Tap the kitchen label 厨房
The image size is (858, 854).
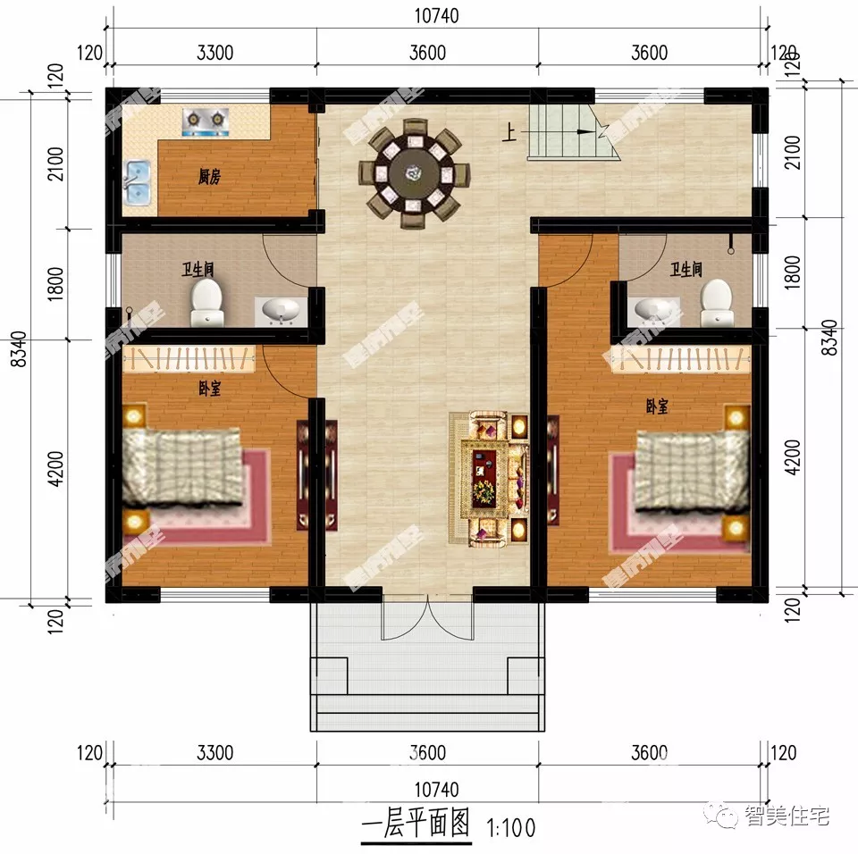point(209,177)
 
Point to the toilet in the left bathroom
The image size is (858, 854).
point(207,301)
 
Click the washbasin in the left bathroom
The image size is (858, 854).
point(280,311)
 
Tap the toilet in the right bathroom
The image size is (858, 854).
point(716,302)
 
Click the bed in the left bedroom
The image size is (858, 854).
point(183,465)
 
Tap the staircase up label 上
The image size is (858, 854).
point(509,133)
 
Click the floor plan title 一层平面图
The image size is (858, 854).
point(416,826)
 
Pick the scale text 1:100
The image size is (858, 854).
point(510,828)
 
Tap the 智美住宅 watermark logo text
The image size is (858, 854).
point(787,815)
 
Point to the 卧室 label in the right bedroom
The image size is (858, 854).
point(657,406)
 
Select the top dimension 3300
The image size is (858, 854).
point(214,53)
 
